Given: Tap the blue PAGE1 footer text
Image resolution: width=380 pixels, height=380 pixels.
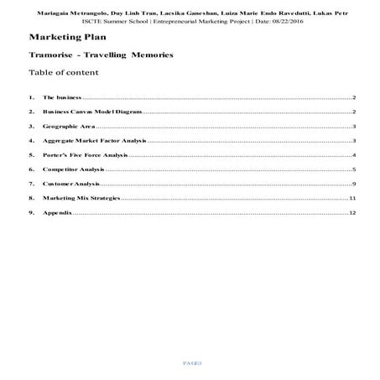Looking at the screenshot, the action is (x=190, y=362).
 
